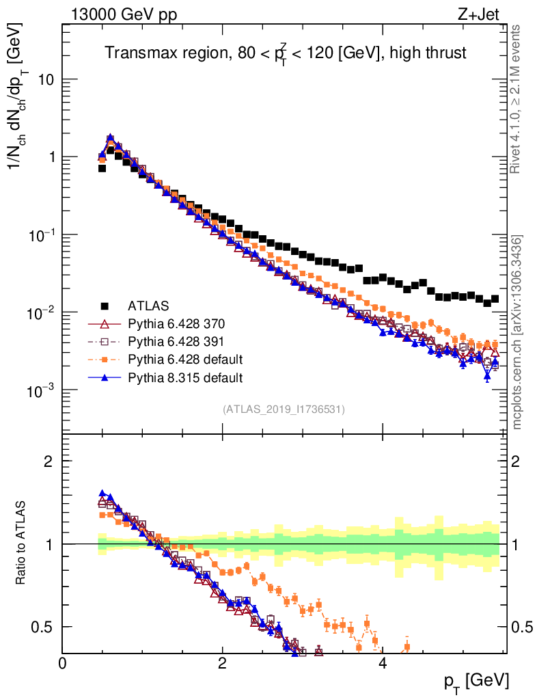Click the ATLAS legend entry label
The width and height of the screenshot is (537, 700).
pyautogui.click(x=149, y=306)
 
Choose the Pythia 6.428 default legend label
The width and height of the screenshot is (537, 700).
pyautogui.click(x=186, y=359)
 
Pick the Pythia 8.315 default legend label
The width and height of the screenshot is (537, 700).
pyautogui.click(x=186, y=377)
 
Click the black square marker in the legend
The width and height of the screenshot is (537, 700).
pyautogui.click(x=105, y=306)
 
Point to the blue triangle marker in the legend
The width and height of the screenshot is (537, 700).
pyautogui.click(x=105, y=377)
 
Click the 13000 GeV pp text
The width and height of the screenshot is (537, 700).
pyautogui.click(x=124, y=15)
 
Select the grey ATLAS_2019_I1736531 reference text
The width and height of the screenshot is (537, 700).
pyautogui.click(x=284, y=409)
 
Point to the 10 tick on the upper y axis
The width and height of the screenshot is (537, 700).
pyautogui.click(x=45, y=80)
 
